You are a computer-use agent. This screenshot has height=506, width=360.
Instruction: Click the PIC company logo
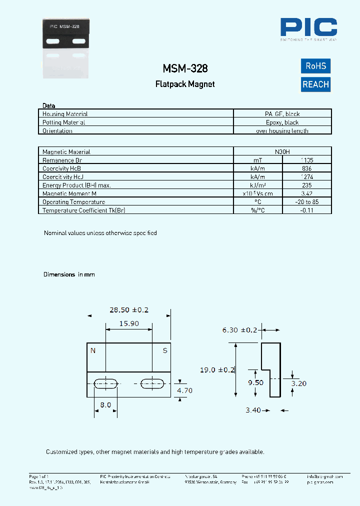click(308, 28)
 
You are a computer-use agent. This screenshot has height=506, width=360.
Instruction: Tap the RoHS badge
click(315, 66)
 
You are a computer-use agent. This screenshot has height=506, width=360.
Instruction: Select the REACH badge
click(315, 84)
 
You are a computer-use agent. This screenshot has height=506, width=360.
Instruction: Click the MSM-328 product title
click(185, 68)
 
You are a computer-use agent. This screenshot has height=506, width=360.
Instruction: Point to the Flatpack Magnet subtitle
click(185, 84)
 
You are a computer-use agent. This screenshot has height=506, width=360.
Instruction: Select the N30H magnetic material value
click(282, 151)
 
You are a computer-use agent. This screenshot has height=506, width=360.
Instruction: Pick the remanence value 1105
click(307, 160)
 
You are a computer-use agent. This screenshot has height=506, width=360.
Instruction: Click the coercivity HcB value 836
click(307, 168)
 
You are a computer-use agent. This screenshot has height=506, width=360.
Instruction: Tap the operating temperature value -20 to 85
click(307, 202)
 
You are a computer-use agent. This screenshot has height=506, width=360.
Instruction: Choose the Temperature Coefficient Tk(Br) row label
click(83, 210)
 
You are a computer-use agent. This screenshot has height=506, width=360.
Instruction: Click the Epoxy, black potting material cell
click(282, 122)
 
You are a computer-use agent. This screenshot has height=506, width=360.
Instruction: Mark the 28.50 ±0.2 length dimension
click(129, 310)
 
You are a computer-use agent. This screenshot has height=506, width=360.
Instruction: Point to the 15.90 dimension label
click(129, 324)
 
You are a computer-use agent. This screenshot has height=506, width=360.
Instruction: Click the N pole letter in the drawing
click(92, 351)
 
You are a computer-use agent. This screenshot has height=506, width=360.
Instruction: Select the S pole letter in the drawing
click(165, 351)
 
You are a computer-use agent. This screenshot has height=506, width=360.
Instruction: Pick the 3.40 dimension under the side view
click(253, 410)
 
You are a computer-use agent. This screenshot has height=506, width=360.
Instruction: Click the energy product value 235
click(307, 185)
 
